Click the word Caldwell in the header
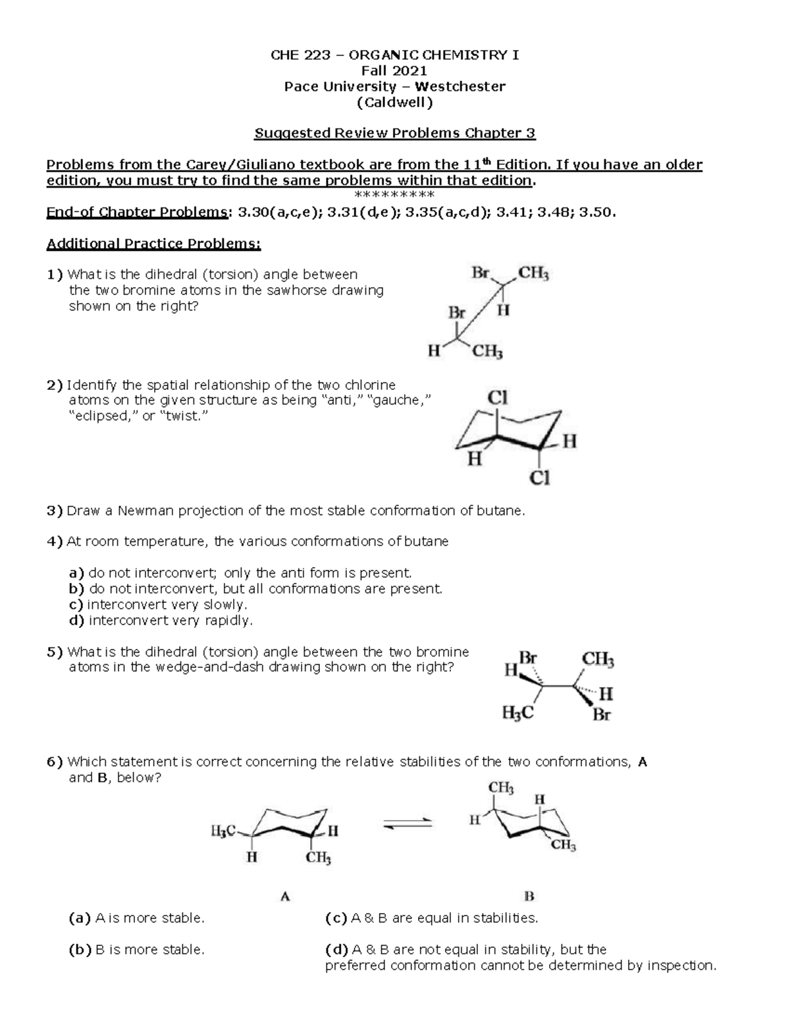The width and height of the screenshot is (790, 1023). tap(395, 102)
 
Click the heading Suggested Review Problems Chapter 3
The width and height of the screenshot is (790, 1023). tap(395, 133)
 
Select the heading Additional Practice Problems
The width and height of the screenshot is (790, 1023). tap(153, 244)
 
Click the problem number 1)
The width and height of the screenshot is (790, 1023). tap(55, 275)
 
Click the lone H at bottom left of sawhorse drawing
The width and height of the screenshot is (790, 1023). tap(433, 351)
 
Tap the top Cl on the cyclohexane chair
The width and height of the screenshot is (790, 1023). tap(497, 398)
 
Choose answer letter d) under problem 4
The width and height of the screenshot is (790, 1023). tap(76, 620)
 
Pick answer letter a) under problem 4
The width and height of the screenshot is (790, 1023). tap(76, 572)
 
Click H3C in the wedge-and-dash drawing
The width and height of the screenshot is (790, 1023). tap(517, 713)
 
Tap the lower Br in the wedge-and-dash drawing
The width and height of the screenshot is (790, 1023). tap(601, 714)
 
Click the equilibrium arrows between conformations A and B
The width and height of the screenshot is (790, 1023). tap(408, 823)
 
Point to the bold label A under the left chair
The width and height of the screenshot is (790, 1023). tap(285, 897)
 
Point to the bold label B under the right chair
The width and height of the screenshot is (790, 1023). tap(529, 897)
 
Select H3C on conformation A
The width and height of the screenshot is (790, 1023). tap(223, 832)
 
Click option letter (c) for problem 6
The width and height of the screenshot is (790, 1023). tap(336, 918)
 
